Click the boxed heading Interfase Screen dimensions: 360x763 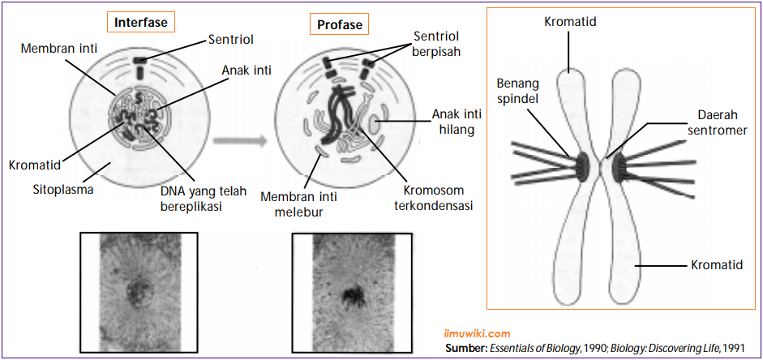(x=141, y=22)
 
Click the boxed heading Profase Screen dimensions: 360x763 (x=340, y=25)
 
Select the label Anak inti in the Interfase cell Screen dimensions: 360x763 (x=247, y=71)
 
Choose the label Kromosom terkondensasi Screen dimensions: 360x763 (x=437, y=198)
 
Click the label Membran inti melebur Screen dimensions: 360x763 (x=292, y=204)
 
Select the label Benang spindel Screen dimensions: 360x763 (x=518, y=90)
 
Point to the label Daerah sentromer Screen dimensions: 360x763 (x=717, y=122)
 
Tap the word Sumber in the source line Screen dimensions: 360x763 (x=465, y=347)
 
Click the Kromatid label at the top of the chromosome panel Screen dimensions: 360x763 (x=570, y=22)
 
